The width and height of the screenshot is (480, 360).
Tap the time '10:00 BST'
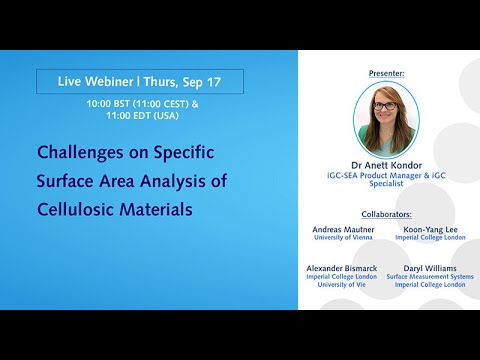click(x=112, y=102)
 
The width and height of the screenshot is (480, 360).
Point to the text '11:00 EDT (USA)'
click(x=138, y=116)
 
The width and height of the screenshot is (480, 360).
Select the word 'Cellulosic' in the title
click(x=77, y=210)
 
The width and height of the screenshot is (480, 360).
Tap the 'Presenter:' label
click(x=385, y=74)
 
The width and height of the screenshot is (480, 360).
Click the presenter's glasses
click(x=385, y=106)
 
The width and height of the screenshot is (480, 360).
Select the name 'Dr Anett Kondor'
click(x=386, y=164)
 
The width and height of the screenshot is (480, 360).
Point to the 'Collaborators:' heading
click(x=385, y=213)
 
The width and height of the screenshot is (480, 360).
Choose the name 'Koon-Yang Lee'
click(x=430, y=229)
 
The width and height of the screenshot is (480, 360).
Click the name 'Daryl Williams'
click(x=430, y=271)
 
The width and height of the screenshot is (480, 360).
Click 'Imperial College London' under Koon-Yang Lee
click(x=430, y=239)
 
